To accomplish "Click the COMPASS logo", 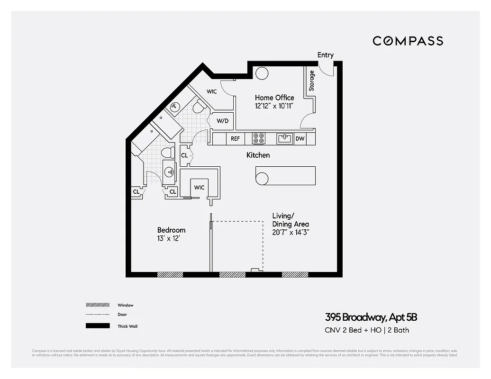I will click(408, 41).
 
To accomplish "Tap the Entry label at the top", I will click(325, 55).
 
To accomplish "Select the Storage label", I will click(311, 81).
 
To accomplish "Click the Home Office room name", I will click(274, 98).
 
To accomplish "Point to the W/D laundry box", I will click(222, 121).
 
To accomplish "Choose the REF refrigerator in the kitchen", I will click(235, 139).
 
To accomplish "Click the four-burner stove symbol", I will click(259, 138).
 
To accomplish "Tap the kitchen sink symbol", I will click(285, 138).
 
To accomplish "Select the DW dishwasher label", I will click(300, 139).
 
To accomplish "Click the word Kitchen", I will click(258, 155).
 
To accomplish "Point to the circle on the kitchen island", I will click(262, 179).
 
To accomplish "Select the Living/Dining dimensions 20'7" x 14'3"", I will click(291, 232).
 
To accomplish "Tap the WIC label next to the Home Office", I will click(212, 91).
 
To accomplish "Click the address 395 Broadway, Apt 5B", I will click(371, 317).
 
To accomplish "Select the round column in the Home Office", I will click(262, 73).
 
